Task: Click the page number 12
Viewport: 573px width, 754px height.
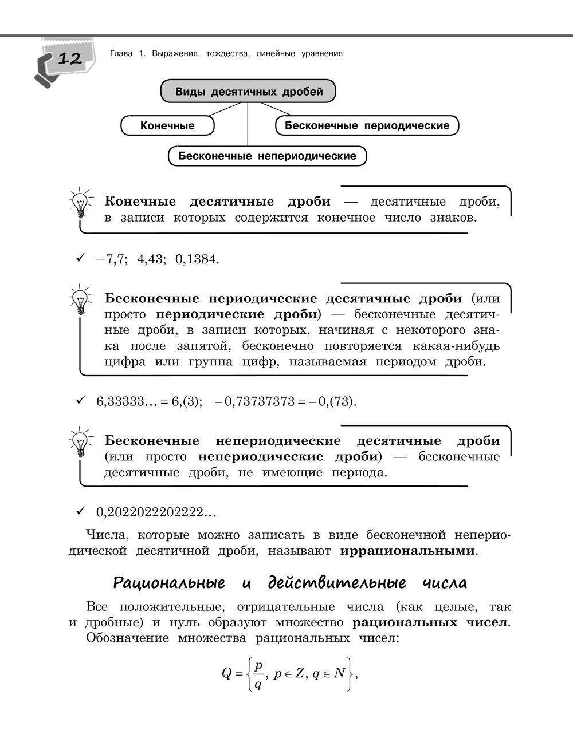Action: (x=69, y=58)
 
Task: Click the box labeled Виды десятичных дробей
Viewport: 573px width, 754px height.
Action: (x=248, y=92)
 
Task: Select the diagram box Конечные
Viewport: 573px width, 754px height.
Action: (x=167, y=126)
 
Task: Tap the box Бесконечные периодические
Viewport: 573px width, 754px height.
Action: (x=367, y=125)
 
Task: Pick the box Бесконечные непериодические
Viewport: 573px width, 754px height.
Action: (x=267, y=156)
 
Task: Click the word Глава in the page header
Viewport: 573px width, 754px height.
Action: (x=120, y=54)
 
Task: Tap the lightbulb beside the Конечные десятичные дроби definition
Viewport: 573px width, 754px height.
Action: (x=80, y=203)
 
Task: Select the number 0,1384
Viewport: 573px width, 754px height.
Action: (x=197, y=259)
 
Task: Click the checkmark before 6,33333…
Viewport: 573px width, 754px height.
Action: (x=80, y=400)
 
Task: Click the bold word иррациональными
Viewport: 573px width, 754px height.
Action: (x=407, y=551)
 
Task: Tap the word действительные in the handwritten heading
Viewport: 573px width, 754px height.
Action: (x=337, y=583)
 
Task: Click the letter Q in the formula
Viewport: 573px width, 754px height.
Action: (x=226, y=673)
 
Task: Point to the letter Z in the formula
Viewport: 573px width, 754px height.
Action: (x=299, y=673)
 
